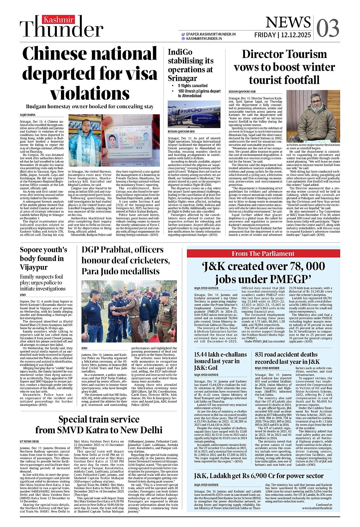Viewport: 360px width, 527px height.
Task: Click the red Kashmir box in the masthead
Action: (58, 20)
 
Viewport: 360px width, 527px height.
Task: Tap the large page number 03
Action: (327, 28)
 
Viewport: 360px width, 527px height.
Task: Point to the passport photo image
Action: (130, 140)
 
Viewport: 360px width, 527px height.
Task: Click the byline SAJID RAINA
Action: (28, 115)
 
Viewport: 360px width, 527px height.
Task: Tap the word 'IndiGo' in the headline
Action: (180, 52)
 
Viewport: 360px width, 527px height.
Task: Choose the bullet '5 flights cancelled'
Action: (193, 86)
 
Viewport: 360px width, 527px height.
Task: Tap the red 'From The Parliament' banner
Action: (263, 254)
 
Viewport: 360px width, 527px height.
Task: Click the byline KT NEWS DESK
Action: (29, 441)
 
